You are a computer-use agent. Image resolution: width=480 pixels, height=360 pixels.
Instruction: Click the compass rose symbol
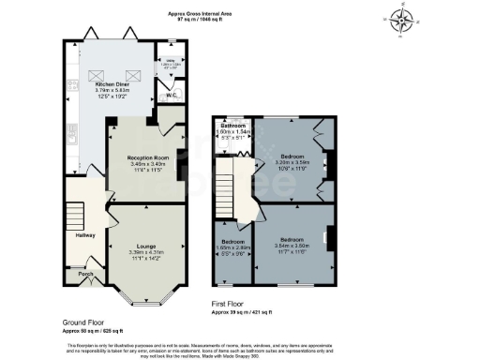(x=404, y=20)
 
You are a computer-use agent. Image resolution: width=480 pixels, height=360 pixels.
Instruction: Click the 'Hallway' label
(x=86, y=235)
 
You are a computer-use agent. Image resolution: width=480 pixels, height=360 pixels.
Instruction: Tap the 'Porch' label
(x=85, y=275)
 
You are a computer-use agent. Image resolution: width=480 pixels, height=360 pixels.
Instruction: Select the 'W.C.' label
(x=172, y=95)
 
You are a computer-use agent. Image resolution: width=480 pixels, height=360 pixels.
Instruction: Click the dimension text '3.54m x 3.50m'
(x=291, y=246)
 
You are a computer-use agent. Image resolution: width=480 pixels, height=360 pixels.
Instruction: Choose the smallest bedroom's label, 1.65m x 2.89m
(x=232, y=247)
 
